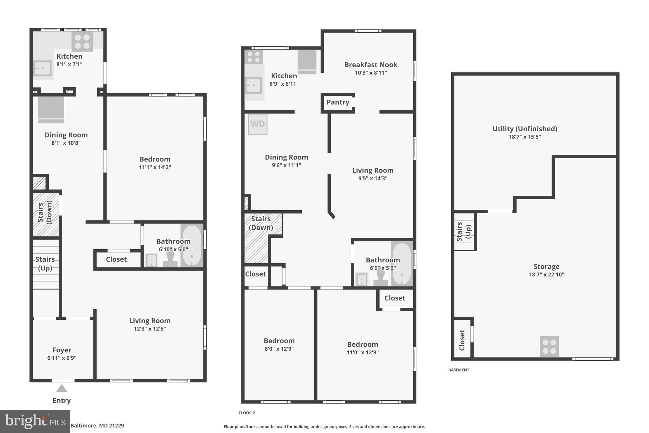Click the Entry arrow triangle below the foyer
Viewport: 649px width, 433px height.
pos(61,388)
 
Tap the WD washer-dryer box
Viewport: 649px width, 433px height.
pos(258,124)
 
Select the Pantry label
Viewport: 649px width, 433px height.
pos(338,102)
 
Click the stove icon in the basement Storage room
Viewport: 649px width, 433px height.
pos(549,346)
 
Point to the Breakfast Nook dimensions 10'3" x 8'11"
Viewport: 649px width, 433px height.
pos(371,73)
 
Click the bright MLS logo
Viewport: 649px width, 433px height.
pos(35,421)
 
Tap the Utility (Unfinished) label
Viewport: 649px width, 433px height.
pos(525,129)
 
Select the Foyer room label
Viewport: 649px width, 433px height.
pos(62,350)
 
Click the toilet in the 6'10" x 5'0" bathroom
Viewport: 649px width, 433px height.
pos(170,259)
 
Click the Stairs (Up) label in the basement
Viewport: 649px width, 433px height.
pos(464,232)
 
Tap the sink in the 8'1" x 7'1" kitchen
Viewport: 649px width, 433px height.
pos(42,68)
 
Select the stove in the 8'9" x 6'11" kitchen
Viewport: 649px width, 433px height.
pos(254,57)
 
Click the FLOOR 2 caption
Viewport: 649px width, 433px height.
pos(247,413)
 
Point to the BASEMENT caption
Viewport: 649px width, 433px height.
pos(459,370)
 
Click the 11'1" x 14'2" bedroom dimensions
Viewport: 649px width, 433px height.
pos(155,167)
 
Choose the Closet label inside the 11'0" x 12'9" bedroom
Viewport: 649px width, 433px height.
pos(395,298)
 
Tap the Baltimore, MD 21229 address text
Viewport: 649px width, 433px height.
pos(97,426)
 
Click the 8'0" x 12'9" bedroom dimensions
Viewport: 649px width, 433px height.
pos(279,349)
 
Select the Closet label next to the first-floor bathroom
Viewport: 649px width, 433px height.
pos(116,259)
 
